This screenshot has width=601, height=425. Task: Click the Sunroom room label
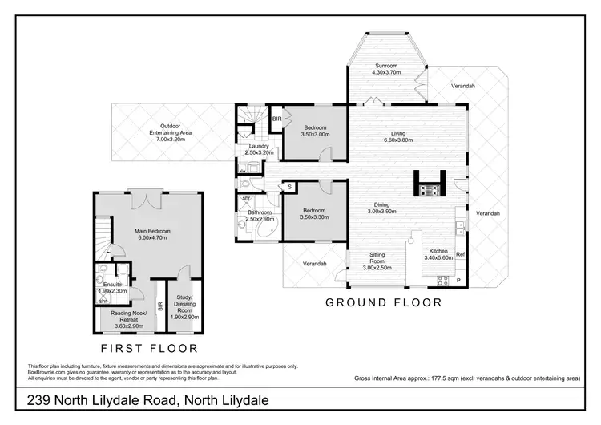(x=387, y=68)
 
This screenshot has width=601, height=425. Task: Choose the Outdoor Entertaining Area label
(x=169, y=132)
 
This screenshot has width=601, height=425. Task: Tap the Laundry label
(x=259, y=148)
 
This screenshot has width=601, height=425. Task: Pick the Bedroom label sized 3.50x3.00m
(x=315, y=132)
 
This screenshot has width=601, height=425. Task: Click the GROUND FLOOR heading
(x=383, y=302)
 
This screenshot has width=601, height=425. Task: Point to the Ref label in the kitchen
(x=460, y=255)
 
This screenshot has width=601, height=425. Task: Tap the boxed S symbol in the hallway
(x=289, y=187)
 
